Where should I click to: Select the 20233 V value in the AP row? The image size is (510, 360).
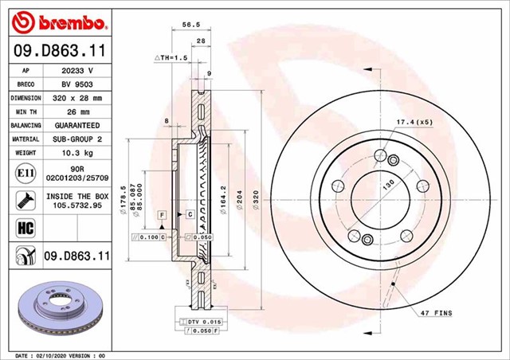[x=77, y=70]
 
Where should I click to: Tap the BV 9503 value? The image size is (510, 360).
[x=77, y=84]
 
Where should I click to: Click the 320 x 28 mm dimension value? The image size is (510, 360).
[x=77, y=98]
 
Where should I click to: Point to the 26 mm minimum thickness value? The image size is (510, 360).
[x=77, y=112]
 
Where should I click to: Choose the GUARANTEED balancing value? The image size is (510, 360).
[x=77, y=126]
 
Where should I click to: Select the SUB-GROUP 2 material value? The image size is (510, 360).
[x=77, y=139]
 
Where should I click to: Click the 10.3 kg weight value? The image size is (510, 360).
[x=77, y=153]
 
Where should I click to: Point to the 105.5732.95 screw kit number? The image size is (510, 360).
[x=77, y=205]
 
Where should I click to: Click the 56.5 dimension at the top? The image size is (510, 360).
[x=190, y=25]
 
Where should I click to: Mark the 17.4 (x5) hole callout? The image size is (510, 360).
[x=413, y=121]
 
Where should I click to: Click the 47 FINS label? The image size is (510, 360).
[x=437, y=315]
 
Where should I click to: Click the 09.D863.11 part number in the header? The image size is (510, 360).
[x=54, y=50]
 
